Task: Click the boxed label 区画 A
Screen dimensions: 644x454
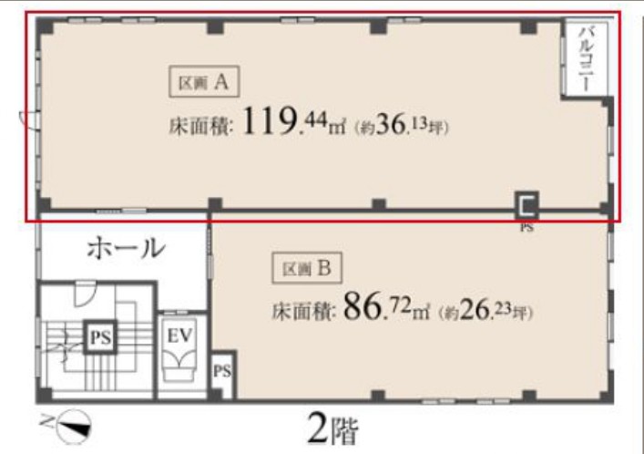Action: click(x=204, y=82)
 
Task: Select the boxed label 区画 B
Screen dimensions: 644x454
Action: click(x=307, y=268)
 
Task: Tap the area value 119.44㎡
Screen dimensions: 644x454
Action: click(x=294, y=122)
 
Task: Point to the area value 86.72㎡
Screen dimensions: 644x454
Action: click(x=386, y=307)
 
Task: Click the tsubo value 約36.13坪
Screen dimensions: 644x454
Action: click(x=402, y=125)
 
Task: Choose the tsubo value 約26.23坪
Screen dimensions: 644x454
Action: click(x=486, y=311)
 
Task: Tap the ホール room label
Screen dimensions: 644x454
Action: click(x=126, y=248)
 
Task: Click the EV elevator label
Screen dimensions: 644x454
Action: click(x=179, y=335)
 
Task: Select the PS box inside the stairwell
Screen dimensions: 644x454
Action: click(x=100, y=337)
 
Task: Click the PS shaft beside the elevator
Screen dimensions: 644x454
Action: click(x=222, y=372)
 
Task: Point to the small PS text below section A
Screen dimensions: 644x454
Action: click(x=526, y=227)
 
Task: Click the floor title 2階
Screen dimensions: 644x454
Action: click(x=332, y=429)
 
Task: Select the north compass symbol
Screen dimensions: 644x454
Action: click(x=74, y=426)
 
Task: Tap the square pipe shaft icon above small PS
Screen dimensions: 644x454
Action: click(x=526, y=206)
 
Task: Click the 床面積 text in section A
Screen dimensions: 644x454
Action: click(x=201, y=126)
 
